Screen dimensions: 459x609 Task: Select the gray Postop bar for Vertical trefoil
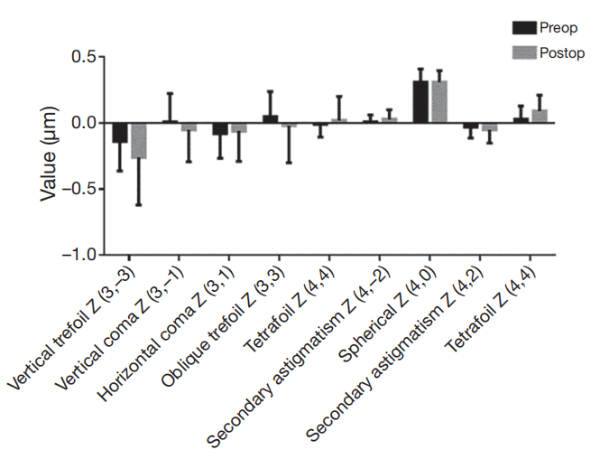coord(138,140)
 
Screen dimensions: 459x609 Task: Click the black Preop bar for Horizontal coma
coord(220,128)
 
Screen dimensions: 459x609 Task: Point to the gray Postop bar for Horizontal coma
coord(238,127)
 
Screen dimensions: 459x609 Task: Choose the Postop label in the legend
coord(562,53)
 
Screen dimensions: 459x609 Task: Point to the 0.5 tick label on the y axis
coord(82,57)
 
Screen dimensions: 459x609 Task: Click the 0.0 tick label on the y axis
coord(82,123)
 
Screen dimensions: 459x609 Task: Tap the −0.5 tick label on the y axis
coord(78,189)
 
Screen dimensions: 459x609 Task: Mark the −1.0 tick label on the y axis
coord(78,255)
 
